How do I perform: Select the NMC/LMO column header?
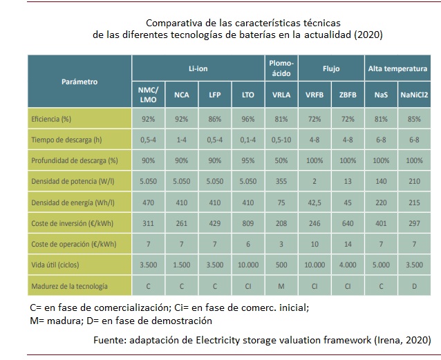coord(148,94)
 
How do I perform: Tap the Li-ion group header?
coord(198,69)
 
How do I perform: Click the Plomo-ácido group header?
coord(281,68)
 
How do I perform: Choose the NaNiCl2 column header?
coord(415,94)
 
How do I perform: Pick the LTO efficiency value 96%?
coord(248,119)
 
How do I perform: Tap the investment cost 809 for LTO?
coord(248,224)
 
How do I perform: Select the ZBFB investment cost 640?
coord(347,224)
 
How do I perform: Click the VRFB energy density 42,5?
coord(314,203)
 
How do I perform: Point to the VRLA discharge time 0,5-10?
coord(281,140)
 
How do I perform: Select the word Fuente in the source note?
coord(111,340)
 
